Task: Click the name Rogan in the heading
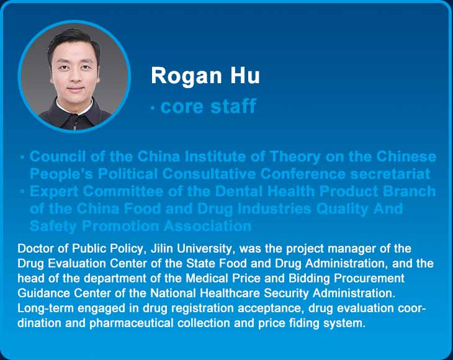point(186,76)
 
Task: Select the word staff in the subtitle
point(233,106)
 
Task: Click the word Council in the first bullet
point(58,156)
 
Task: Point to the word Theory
point(295,157)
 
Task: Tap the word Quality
point(342,209)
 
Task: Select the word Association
point(208,226)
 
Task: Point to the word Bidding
point(309,278)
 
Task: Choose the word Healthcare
point(230,293)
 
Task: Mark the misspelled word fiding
point(304,323)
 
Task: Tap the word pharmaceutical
point(132,323)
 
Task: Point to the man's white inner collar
point(74,108)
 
